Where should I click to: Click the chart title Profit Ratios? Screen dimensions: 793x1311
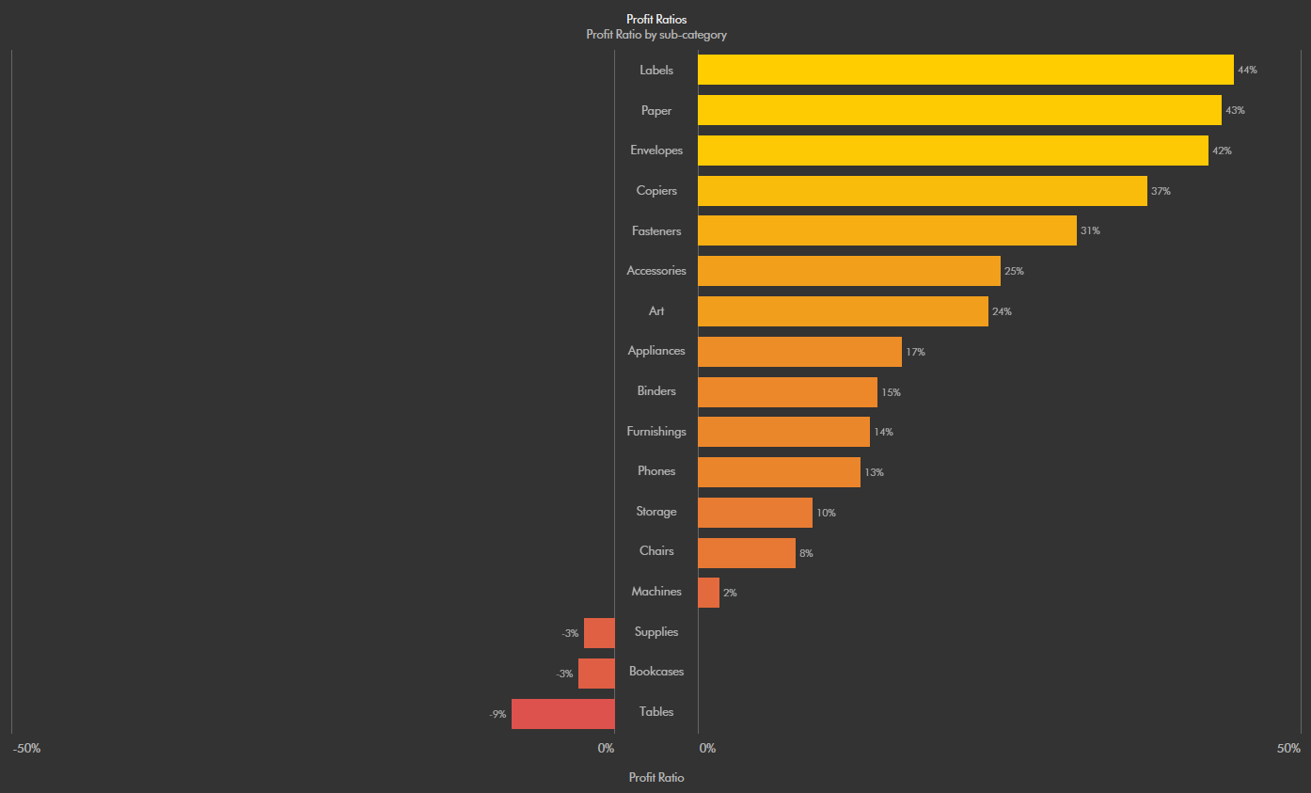[x=655, y=19]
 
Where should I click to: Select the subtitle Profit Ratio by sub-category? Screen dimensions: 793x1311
[x=655, y=35]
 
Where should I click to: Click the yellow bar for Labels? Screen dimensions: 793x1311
[x=965, y=70]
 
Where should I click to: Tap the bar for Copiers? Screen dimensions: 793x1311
[x=922, y=191]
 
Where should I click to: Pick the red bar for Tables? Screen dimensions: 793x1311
[x=562, y=713]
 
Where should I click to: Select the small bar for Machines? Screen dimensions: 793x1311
[x=708, y=593]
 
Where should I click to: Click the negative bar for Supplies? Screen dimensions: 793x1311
[x=599, y=633]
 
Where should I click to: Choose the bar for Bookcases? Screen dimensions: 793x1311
[x=596, y=674]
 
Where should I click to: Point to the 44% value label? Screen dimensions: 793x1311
[x=1247, y=71]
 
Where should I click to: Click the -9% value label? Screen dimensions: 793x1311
[x=498, y=715]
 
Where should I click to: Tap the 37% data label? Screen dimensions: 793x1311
[x=1161, y=191]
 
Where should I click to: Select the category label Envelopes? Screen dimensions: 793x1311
[x=656, y=151]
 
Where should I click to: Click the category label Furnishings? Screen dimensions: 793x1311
[x=656, y=432]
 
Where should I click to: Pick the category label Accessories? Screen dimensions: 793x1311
[x=656, y=271]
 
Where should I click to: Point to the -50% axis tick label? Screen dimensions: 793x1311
[x=26, y=749]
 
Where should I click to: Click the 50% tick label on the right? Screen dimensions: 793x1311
[x=1288, y=749]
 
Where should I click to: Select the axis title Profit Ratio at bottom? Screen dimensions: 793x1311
[x=655, y=778]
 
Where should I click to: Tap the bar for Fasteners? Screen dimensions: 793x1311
[x=887, y=230]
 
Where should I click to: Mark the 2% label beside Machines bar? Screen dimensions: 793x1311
[x=730, y=594]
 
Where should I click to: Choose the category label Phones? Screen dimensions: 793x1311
[x=656, y=471]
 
